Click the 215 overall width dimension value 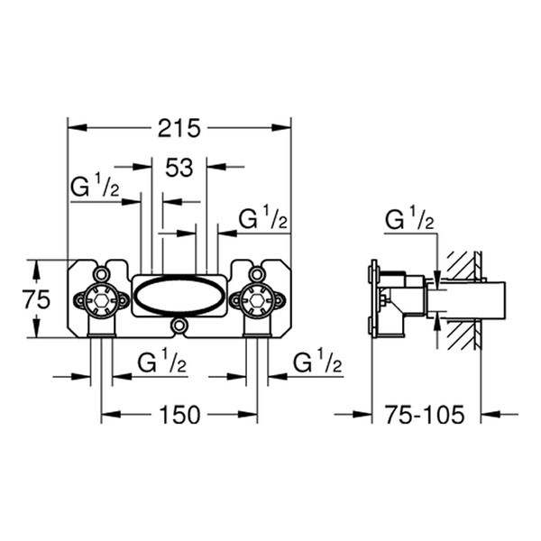tap(179, 127)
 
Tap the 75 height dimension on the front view tap(37, 299)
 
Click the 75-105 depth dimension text tap(425, 415)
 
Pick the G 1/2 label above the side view tap(410, 219)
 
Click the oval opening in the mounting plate tap(179, 296)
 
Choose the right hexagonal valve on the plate tap(258, 298)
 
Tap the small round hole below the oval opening tap(179, 325)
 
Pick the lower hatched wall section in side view tap(463, 336)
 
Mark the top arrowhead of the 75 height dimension tap(36, 264)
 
